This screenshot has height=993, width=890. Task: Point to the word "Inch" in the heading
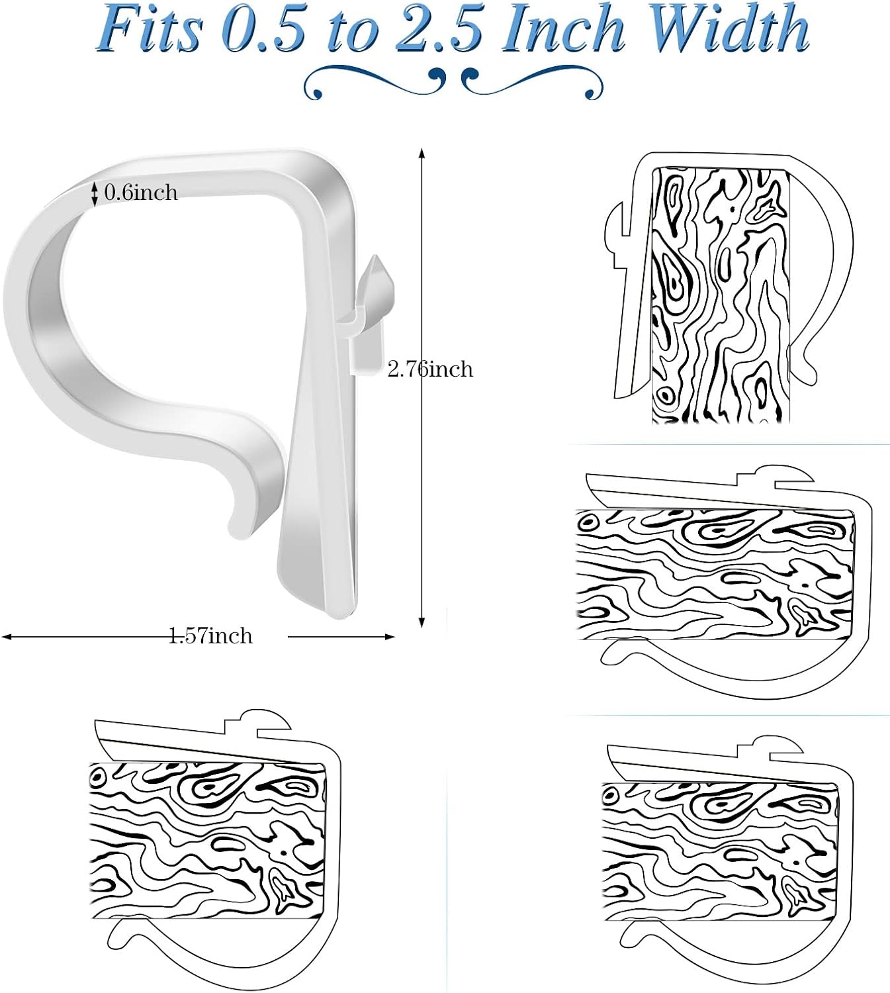(x=562, y=30)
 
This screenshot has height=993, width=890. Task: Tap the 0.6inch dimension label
(x=141, y=193)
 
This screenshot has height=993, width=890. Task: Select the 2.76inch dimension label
(x=430, y=369)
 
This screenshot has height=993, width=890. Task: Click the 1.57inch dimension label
(x=210, y=636)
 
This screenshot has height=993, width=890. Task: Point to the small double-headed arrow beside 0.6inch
(x=95, y=193)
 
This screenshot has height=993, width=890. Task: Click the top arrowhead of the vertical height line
(x=422, y=154)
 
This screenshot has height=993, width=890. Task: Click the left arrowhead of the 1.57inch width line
(x=7, y=637)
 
